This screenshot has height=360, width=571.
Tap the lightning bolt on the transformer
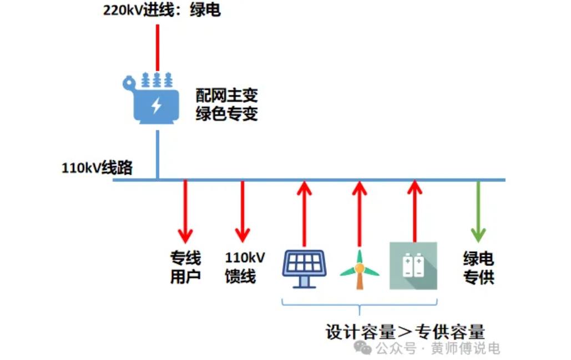pos(156,105)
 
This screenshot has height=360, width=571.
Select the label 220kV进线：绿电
pos(161,10)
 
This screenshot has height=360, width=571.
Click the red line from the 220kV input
pos(158,47)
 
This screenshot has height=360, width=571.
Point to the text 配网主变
pos(226,94)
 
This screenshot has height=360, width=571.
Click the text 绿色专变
pos(226,114)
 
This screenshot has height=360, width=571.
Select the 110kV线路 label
pos(97,168)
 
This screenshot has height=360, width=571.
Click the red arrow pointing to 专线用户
pos(185,211)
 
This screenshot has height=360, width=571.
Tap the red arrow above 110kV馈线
pos(242,211)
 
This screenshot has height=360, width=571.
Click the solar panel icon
pos(304,268)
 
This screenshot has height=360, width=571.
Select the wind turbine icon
pos(359,270)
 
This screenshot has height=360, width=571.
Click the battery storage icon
pos(413,266)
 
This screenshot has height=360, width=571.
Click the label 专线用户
pos(185,267)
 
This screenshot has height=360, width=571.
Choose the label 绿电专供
pos(478,268)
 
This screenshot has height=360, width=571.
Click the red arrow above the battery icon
pos(413,211)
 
